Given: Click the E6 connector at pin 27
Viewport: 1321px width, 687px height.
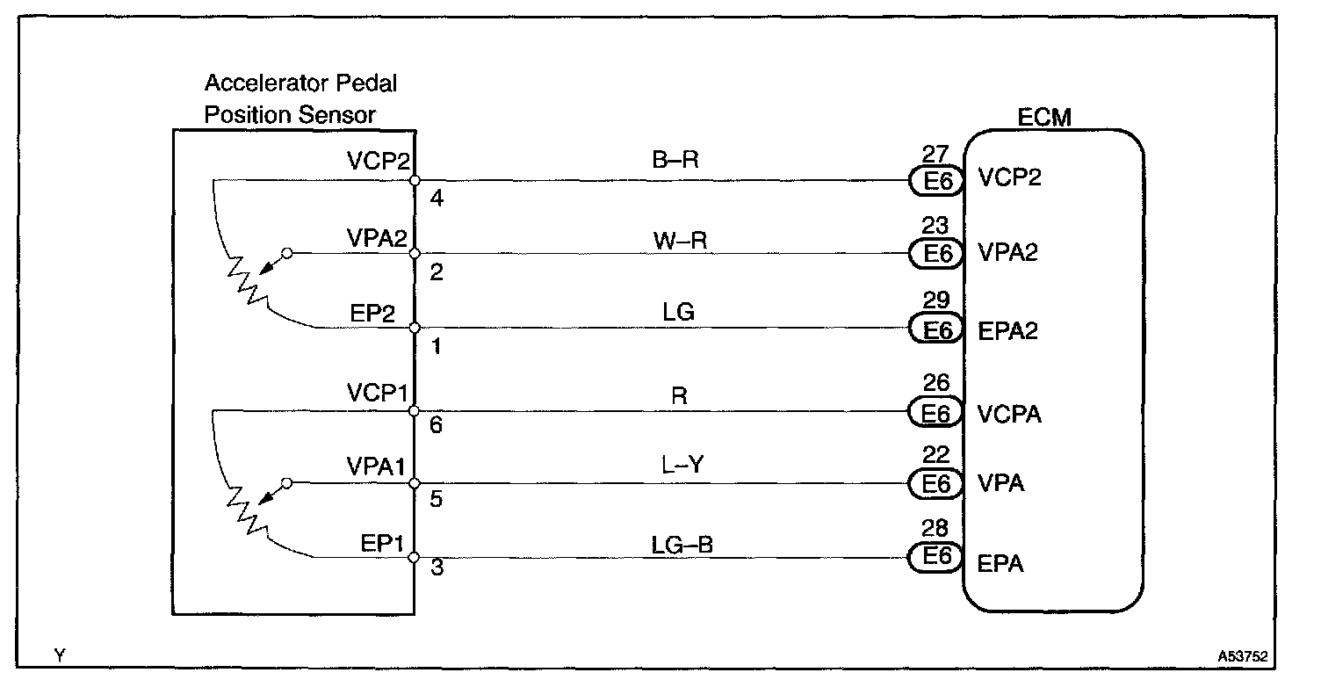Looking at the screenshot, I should click(936, 182).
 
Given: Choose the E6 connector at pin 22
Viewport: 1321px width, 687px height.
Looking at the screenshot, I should click(936, 483).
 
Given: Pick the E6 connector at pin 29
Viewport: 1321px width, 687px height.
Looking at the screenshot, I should click(936, 329).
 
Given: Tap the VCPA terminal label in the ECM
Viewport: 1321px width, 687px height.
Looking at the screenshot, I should click(1010, 414).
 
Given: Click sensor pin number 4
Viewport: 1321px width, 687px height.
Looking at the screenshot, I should click(437, 199).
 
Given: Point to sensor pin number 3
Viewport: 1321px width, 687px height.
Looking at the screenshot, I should click(437, 570).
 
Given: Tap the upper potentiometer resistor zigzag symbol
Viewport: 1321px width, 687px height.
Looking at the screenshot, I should click(242, 279).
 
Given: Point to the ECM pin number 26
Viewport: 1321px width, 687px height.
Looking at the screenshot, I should click(936, 384).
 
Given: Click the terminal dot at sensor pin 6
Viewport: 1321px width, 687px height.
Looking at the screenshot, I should click(415, 410).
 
